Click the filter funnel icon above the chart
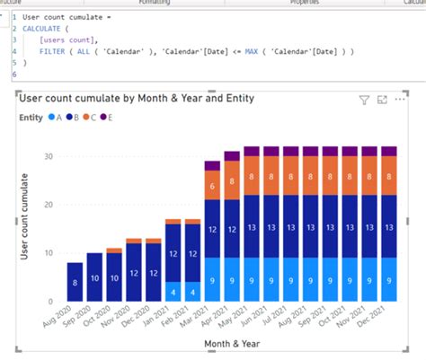365,101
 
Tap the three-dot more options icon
400,100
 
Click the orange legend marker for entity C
87,117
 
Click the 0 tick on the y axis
50,302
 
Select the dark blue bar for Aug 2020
75,282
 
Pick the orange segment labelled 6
212,186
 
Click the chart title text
135,99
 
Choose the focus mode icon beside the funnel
382,100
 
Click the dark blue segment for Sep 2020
94,278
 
